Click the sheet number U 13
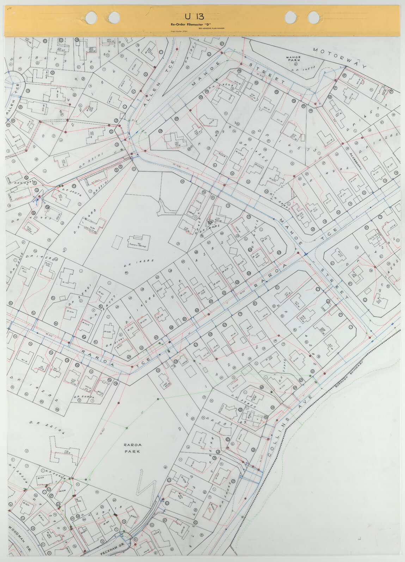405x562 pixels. pyautogui.click(x=194, y=17)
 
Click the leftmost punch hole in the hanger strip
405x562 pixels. pyautogui.click(x=91, y=17)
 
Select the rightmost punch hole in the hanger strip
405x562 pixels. pyautogui.click(x=313, y=17)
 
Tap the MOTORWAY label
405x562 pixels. pyautogui.click(x=340, y=58)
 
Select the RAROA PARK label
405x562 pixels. pyautogui.click(x=132, y=448)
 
